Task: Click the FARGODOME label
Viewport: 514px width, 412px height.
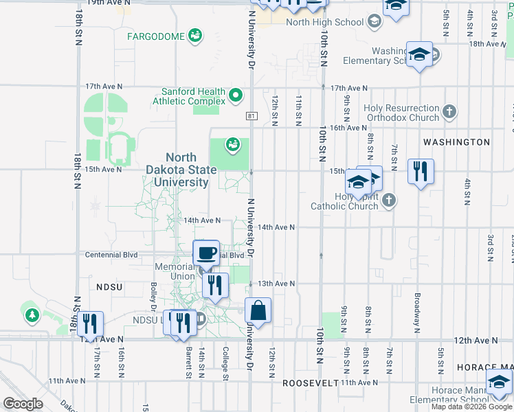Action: click(x=157, y=36)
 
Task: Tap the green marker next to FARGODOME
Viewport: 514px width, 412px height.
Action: click(x=195, y=35)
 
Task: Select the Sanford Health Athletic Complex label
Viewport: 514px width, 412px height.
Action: click(x=193, y=96)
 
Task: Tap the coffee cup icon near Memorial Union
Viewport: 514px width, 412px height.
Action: click(x=206, y=253)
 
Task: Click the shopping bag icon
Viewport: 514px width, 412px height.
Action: click(x=258, y=311)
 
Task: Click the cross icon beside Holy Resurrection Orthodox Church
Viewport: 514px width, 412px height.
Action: click(x=449, y=111)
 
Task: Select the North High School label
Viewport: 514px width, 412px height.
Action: click(x=324, y=22)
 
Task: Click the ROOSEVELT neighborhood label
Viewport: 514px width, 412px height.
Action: click(x=311, y=382)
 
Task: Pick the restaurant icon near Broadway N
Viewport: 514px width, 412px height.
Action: click(x=421, y=171)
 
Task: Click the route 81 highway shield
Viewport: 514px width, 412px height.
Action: click(x=252, y=116)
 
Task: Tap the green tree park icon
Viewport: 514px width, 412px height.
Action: click(x=32, y=315)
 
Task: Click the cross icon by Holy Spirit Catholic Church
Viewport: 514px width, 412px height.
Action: click(x=389, y=201)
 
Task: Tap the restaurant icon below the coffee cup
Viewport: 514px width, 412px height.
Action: click(x=215, y=285)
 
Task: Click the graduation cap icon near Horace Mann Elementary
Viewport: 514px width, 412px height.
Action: click(x=499, y=382)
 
